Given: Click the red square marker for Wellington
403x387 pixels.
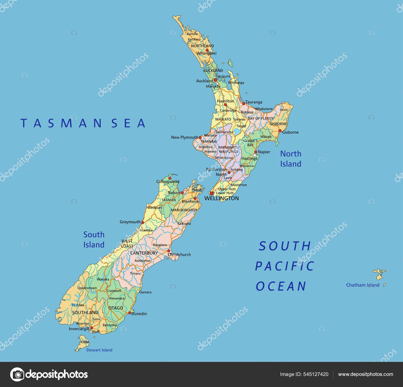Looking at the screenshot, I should [212, 193].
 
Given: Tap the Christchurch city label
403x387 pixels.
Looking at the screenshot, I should [179, 254].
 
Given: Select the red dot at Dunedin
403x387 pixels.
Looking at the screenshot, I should [129, 313].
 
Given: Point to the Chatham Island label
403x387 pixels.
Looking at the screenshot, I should [363, 285].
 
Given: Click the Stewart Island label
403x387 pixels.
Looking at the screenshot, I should [99, 350].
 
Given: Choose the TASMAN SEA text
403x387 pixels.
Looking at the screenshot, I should [83, 123].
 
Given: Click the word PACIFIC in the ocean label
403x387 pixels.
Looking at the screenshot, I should [285, 266].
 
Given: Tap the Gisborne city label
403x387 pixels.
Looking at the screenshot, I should [290, 132].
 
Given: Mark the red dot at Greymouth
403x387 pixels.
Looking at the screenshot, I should [143, 223].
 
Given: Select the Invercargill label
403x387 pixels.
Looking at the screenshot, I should [79, 329].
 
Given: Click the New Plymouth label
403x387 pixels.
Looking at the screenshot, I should [184, 137].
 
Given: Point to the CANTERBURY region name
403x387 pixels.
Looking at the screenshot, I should [144, 253].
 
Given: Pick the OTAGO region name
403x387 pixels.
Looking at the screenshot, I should [116, 308].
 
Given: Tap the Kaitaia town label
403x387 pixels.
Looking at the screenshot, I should [192, 34].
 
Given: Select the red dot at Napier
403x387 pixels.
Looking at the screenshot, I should [256, 152].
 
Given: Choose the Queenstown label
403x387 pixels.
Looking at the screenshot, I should [87, 288].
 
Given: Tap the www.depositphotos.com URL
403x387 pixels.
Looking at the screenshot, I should [365, 374].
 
